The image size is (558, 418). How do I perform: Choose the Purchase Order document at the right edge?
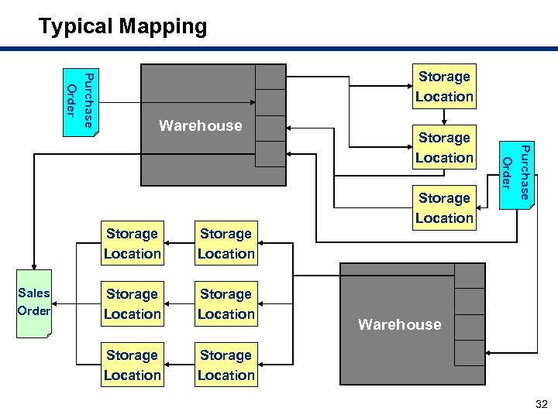(515, 175)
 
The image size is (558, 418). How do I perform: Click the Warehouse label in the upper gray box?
(200, 125)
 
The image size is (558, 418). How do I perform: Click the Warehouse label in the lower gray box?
(399, 325)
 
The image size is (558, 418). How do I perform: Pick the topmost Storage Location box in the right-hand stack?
(444, 87)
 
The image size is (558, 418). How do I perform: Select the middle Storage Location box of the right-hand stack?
(444, 147)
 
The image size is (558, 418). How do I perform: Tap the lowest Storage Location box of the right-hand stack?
(444, 207)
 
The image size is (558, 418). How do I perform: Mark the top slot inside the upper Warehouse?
(270, 77)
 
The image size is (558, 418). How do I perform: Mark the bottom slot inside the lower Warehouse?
(470, 352)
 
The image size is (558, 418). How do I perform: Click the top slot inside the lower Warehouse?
(470, 276)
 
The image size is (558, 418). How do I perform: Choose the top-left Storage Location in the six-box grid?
(133, 243)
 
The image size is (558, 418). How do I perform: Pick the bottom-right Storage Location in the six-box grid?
(226, 365)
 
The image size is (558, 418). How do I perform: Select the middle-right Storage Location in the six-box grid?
(226, 304)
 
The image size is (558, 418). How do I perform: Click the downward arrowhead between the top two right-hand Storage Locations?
(444, 122)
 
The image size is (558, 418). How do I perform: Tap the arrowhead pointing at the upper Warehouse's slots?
(252, 104)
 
